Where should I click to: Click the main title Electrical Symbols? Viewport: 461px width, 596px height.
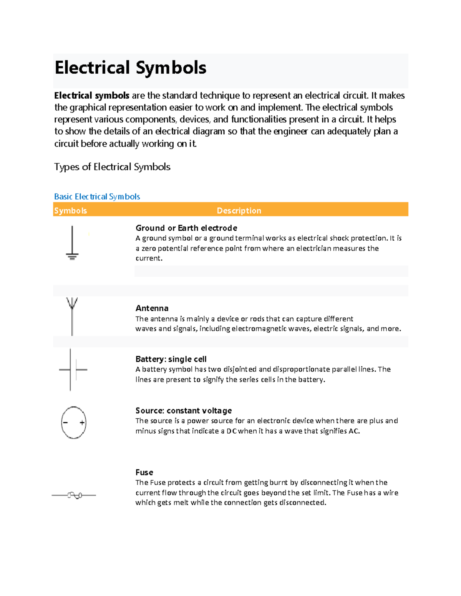tap(130, 68)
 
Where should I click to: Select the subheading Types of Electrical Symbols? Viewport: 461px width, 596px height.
tap(112, 167)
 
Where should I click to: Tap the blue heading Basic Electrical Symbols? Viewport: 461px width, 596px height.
tap(97, 196)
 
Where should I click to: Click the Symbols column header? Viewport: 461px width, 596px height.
tap(70, 211)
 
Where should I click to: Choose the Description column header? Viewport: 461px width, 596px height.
tap(239, 211)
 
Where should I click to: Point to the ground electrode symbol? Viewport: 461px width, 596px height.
tap(72, 243)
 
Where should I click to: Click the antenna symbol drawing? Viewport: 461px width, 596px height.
tap(72, 315)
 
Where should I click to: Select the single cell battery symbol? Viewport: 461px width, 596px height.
tap(73, 370)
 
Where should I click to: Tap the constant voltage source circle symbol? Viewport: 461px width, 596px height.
tap(74, 423)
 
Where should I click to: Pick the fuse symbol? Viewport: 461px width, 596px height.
tap(75, 495)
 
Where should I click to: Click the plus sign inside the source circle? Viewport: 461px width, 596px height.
tap(82, 423)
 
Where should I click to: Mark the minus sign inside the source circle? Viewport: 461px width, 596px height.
tap(65, 423)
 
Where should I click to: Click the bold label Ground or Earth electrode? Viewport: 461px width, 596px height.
tap(186, 228)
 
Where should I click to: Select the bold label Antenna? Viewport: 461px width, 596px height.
tap(152, 308)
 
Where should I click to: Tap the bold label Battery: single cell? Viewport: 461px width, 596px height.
tap(171, 359)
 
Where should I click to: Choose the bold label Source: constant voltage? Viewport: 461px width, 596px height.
tap(184, 411)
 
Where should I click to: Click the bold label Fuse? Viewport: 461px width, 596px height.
tap(144, 472)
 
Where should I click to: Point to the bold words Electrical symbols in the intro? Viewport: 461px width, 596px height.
tap(92, 96)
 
